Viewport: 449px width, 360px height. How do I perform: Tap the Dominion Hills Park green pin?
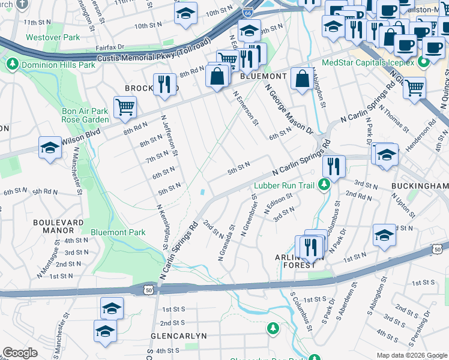click(x=11, y=63)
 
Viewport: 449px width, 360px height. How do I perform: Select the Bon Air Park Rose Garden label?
click(x=85, y=115)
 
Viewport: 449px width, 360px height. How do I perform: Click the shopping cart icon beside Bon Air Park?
click(x=125, y=107)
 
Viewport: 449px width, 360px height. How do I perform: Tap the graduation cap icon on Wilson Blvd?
click(x=50, y=148)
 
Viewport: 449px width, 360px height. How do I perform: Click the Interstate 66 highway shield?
click(x=247, y=12)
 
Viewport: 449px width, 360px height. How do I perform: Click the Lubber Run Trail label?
click(x=285, y=185)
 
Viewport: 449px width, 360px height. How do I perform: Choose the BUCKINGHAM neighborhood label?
click(x=419, y=187)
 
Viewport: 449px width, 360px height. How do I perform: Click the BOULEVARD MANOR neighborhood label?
click(x=58, y=226)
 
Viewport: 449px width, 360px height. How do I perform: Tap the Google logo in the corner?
click(x=20, y=353)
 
